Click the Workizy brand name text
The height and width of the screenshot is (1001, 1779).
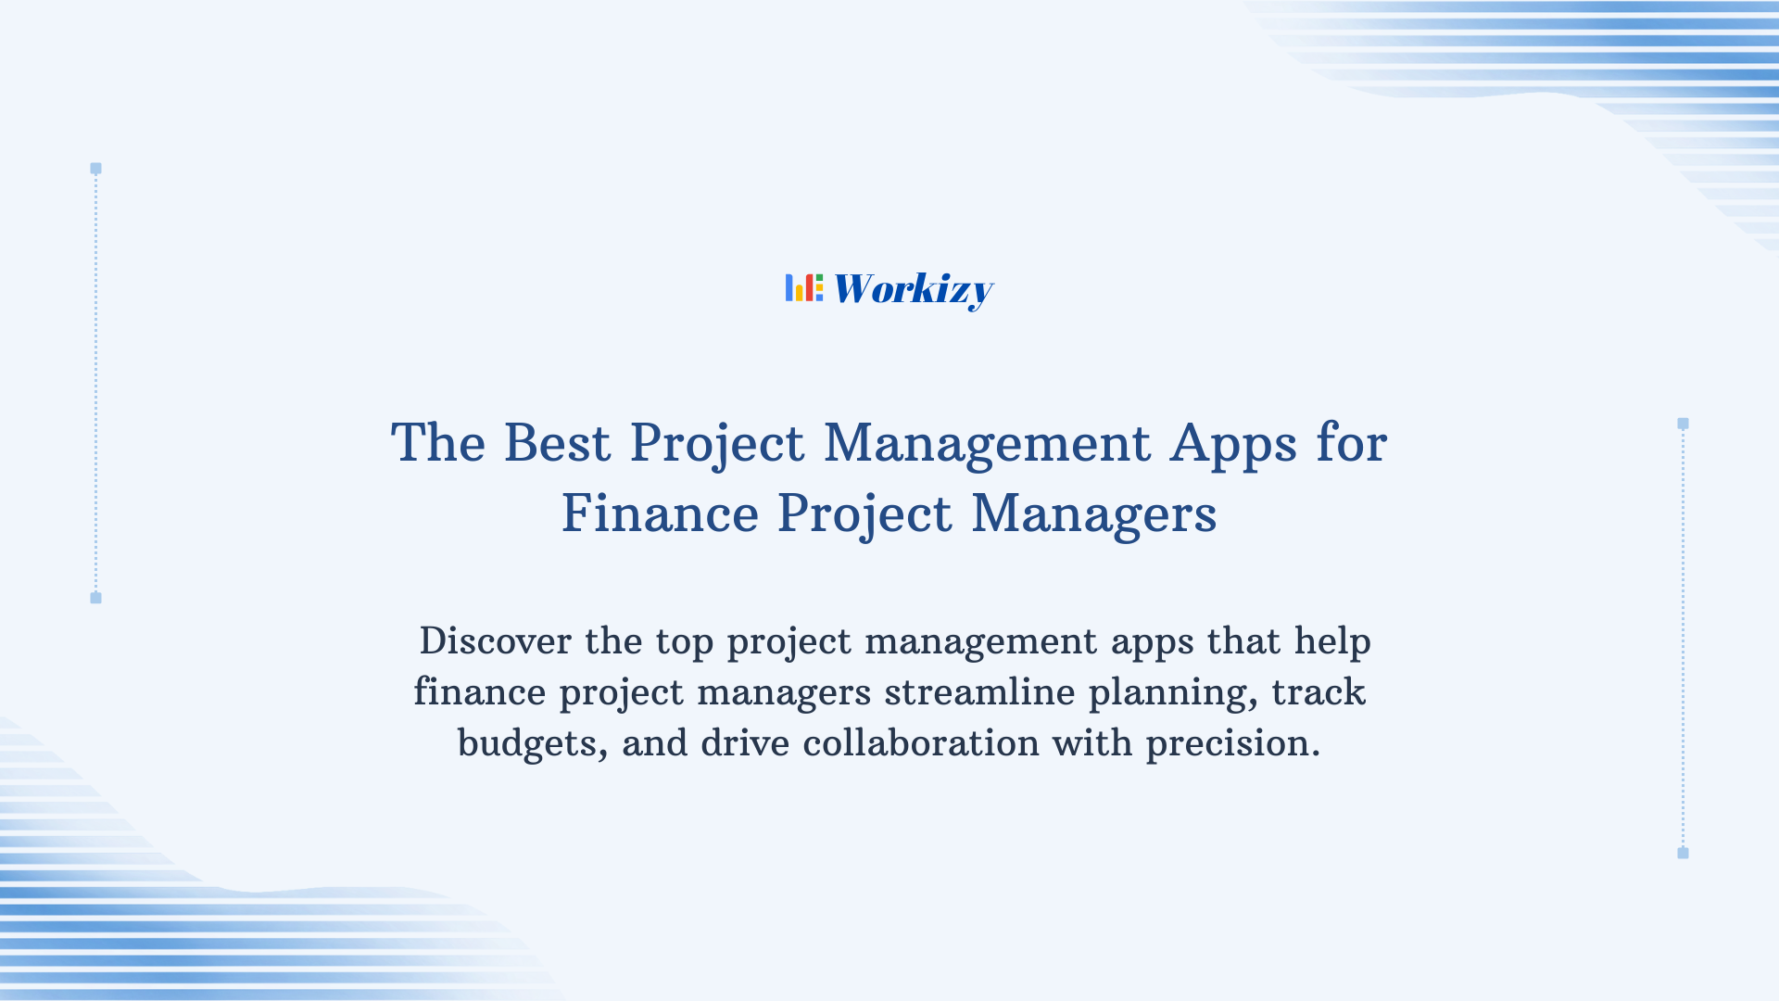(913, 289)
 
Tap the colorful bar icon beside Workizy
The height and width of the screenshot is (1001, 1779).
(803, 287)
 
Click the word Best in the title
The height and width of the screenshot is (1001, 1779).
(557, 443)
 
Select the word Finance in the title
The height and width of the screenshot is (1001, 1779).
(660, 513)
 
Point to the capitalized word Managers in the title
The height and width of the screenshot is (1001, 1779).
(1093, 513)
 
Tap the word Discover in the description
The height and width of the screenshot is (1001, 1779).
(495, 641)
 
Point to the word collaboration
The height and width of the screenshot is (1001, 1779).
(921, 743)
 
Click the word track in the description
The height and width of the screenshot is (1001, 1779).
(1318, 692)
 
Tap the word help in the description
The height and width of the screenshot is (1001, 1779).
(1332, 642)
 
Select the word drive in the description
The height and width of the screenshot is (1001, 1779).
(745, 743)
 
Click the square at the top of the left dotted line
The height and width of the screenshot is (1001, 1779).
(95, 169)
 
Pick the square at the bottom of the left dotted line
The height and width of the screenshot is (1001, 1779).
(95, 598)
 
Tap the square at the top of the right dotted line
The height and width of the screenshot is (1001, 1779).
(1683, 424)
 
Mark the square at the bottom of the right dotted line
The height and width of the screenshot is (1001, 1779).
(1683, 853)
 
